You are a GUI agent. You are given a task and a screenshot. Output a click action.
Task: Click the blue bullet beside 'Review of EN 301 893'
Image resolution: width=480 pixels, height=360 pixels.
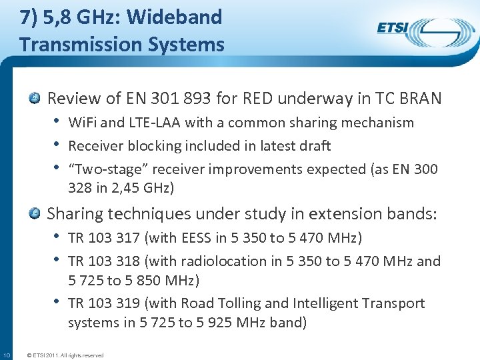(x=35, y=99)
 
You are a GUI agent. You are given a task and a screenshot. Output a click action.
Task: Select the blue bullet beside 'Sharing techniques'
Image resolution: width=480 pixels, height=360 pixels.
(x=35, y=214)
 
